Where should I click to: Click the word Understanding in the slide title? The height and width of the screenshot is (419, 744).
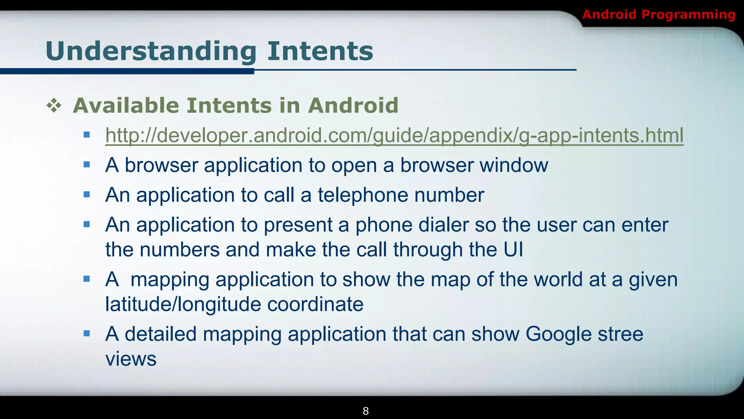tap(151, 51)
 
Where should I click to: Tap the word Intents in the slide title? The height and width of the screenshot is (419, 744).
tap(320, 51)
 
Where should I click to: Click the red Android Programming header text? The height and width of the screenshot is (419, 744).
tap(659, 15)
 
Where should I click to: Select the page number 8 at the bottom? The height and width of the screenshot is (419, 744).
tap(366, 411)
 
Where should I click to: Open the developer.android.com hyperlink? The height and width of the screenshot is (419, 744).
tap(394, 136)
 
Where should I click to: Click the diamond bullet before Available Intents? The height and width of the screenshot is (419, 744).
tap(54, 106)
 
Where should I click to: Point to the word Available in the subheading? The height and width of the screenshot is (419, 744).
tap(126, 106)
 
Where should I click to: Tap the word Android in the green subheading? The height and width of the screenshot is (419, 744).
tap(353, 106)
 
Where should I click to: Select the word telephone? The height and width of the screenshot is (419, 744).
tap(363, 195)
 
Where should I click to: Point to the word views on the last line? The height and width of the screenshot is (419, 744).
tap(131, 359)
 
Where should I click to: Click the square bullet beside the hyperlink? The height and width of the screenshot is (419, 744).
tap(86, 135)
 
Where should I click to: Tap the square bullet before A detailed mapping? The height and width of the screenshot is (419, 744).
tap(86, 334)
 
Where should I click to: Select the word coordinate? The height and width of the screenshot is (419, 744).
tap(315, 304)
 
